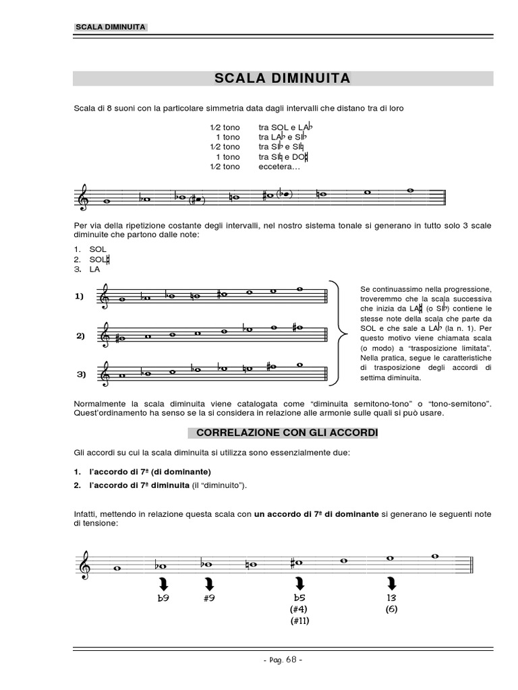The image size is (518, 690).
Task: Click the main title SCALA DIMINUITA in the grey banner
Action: (282, 78)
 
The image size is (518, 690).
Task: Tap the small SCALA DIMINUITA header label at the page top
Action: (109, 28)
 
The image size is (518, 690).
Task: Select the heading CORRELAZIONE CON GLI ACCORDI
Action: (282, 432)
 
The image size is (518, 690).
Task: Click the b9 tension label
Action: (163, 598)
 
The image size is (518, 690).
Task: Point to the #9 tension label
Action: (208, 598)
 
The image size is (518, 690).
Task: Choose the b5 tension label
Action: (299, 598)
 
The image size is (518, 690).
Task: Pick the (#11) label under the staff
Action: (299, 621)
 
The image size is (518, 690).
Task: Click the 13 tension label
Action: (391, 598)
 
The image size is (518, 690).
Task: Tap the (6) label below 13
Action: (391, 609)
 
